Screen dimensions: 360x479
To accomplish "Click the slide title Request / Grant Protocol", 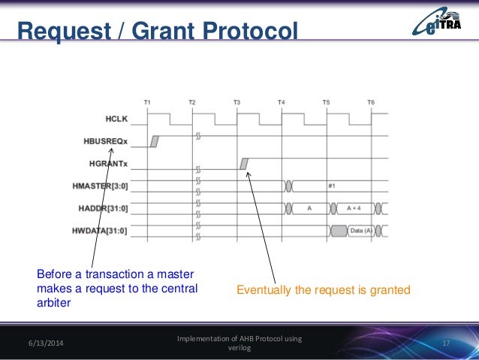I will coord(158,31).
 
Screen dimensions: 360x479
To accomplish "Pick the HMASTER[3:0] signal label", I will coord(104,185).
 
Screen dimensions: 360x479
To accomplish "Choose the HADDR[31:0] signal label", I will coord(107,207).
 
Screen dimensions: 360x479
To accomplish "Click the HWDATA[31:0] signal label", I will coord(104,228).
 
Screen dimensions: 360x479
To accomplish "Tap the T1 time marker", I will coord(148,101).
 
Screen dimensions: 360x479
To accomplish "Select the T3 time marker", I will coord(237,101).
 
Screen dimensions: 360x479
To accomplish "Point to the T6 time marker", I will coord(371,101).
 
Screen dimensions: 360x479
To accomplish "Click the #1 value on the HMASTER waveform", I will coord(332,184).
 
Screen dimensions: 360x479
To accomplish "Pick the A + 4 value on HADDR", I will coord(351,207).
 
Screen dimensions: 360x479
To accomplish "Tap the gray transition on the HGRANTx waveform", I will coord(244,163).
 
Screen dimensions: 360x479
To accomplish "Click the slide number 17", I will coord(446,343).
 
